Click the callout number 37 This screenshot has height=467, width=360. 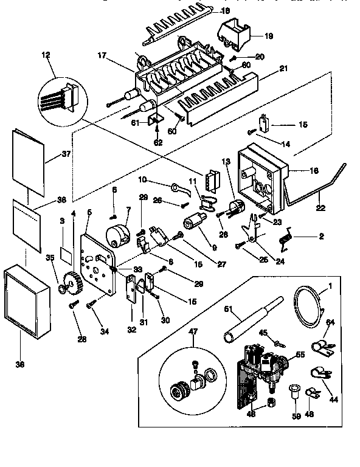point(66,154)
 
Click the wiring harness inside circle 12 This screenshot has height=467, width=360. point(58,99)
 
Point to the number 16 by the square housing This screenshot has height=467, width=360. point(314,171)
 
